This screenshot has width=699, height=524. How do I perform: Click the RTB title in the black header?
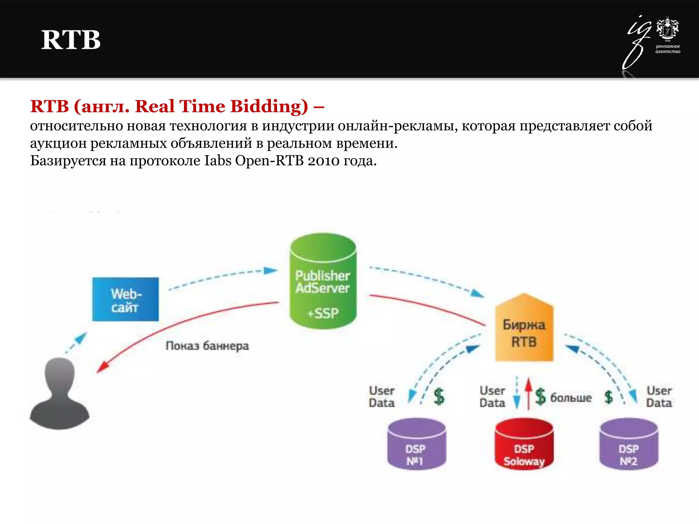(x=71, y=40)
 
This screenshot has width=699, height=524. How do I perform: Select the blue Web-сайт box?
(x=126, y=299)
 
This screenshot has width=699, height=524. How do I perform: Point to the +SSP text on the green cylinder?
(x=323, y=313)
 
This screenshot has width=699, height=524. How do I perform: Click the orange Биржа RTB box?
(x=524, y=333)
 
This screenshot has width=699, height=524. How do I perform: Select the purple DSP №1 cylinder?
(x=416, y=445)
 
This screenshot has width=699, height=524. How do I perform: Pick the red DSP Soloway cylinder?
(x=524, y=445)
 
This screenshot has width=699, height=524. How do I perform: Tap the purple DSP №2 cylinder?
(x=629, y=445)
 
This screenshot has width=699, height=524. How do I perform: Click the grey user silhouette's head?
(x=60, y=374)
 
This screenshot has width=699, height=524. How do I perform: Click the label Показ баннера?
(x=207, y=346)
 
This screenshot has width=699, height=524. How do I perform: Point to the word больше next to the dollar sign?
(x=571, y=397)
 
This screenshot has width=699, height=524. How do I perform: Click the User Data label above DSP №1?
(x=382, y=397)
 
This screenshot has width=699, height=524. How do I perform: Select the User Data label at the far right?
(x=659, y=397)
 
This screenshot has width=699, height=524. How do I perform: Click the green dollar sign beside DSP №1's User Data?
(x=439, y=397)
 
